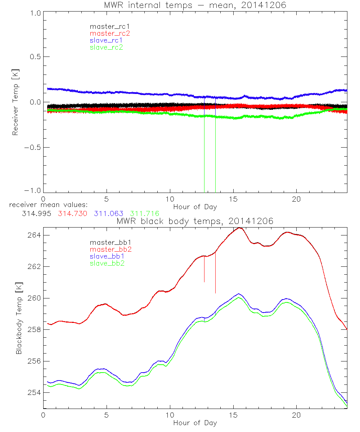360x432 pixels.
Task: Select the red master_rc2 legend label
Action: click(110, 33)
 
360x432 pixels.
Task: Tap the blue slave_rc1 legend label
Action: click(106, 40)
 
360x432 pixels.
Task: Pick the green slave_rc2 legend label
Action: click(106, 47)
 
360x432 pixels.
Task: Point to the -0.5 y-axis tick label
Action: click(33, 148)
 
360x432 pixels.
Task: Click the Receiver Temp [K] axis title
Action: click(15, 102)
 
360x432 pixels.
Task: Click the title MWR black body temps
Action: click(195, 221)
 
